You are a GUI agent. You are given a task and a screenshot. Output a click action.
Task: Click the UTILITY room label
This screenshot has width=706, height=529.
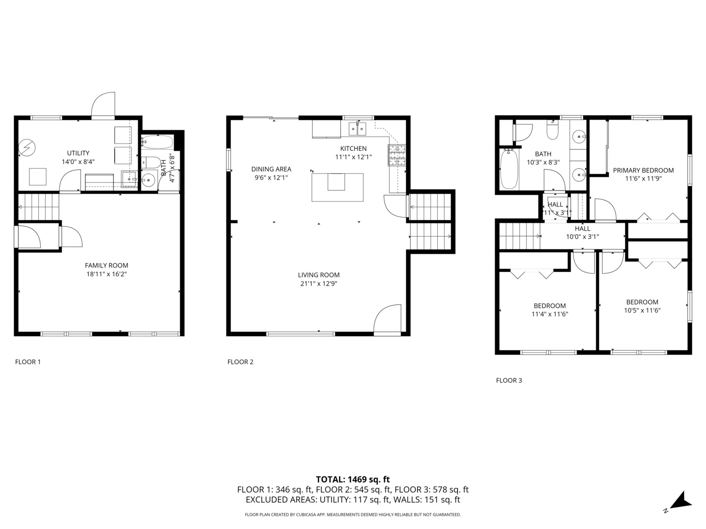coord(78,153)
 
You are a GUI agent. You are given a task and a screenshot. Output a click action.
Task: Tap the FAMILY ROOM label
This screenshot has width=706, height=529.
coord(106,265)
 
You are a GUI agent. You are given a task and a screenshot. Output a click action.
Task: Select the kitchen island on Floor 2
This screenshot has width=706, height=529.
coord(337,187)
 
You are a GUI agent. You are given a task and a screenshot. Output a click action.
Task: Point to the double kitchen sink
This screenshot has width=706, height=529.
coord(357,129)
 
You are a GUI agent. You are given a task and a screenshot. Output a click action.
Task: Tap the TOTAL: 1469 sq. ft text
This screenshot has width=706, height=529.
coord(353,480)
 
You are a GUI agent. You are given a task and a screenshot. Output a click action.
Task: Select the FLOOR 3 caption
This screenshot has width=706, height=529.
coord(509,380)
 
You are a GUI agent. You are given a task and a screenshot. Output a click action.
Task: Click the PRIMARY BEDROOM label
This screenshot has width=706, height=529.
coord(643,170)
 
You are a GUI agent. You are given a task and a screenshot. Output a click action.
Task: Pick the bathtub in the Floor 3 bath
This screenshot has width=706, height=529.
coord(509,169)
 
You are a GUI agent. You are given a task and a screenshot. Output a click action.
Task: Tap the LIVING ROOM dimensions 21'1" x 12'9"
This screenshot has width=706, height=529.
coord(319,284)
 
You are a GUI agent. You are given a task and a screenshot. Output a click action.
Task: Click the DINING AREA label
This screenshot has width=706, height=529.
coord(271,169)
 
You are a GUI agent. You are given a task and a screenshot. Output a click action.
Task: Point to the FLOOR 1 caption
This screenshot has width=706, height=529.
coord(28,362)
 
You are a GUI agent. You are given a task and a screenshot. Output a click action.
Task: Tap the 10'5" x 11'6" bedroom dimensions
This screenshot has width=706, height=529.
coord(642,310)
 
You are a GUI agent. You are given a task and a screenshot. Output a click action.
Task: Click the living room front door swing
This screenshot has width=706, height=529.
coord(387,319)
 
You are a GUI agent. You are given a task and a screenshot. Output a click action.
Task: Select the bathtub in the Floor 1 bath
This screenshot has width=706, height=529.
coord(157,143)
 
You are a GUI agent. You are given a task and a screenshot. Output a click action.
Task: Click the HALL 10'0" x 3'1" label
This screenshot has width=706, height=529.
coord(582,232)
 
